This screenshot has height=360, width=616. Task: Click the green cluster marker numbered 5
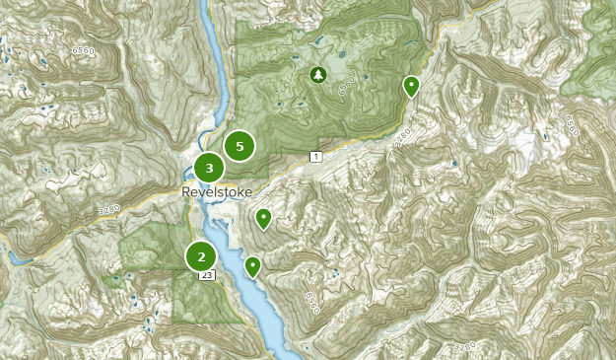click(239, 146)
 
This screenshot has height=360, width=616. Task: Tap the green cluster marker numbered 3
click(209, 169)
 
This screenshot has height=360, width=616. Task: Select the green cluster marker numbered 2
click(201, 256)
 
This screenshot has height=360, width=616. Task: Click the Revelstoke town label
click(217, 191)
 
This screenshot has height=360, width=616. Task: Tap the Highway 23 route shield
click(206, 277)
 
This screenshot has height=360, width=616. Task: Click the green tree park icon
click(317, 74)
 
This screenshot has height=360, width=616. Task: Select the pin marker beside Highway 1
click(411, 87)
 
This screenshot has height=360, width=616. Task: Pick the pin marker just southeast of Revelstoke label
click(263, 217)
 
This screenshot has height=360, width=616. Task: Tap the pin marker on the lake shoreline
click(253, 265)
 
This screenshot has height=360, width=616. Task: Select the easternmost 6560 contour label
click(572, 125)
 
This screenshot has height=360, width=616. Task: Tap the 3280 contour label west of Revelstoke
click(108, 209)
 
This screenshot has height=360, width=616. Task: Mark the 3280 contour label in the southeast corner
click(465, 345)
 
